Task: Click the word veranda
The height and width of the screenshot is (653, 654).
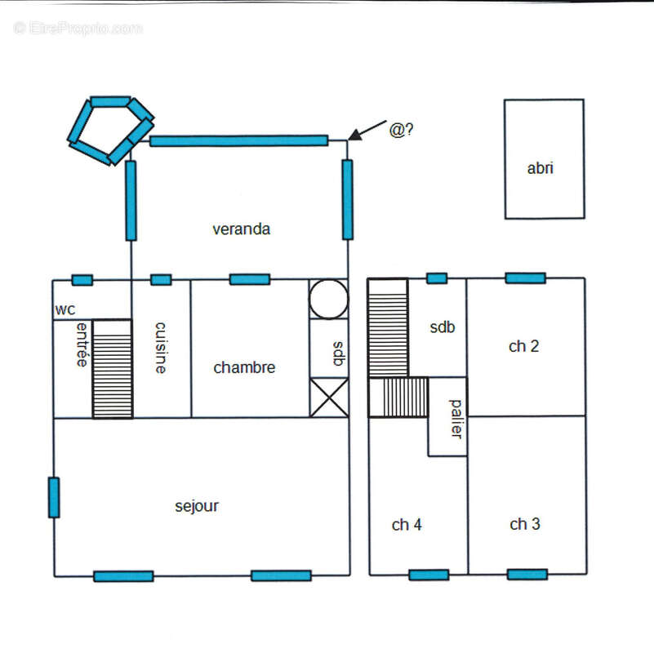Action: (241, 229)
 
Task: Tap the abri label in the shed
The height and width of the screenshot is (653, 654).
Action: (541, 168)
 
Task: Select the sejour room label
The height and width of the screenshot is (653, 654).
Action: (197, 506)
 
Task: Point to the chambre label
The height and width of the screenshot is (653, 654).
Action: (244, 367)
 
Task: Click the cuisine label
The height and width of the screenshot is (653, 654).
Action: (161, 348)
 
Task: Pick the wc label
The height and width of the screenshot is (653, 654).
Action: (65, 310)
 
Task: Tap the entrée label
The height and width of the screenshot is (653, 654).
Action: (82, 344)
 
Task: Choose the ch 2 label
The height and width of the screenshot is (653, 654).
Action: (523, 346)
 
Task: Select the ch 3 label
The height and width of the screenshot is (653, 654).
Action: (525, 524)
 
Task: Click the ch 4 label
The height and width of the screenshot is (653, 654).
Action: (407, 525)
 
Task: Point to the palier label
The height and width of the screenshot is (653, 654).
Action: (456, 419)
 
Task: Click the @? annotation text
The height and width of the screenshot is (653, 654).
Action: (401, 130)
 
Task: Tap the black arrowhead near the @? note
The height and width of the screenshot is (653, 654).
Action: (355, 135)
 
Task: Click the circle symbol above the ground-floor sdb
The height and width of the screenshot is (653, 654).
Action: (329, 299)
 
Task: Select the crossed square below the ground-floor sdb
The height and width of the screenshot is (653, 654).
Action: (329, 398)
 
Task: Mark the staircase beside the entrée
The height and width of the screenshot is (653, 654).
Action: (113, 369)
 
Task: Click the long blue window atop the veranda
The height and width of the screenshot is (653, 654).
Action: (239, 140)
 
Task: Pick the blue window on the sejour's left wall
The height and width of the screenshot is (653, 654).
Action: (54, 497)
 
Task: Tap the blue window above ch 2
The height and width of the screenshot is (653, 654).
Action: (526, 278)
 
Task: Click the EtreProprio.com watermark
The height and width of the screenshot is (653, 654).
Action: (78, 28)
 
